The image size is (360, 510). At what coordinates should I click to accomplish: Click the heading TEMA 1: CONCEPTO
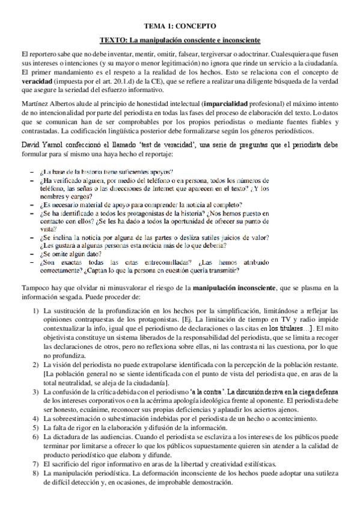point(180,26)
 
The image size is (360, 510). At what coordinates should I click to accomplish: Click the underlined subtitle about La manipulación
point(180,40)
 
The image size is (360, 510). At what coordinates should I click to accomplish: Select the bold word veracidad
point(37,81)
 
